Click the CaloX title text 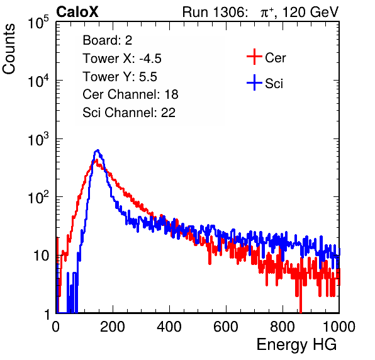pyautogui.click(x=77, y=12)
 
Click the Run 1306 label pyautogui.click(x=215, y=12)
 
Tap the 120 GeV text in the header pyautogui.click(x=310, y=12)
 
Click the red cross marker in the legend pyautogui.click(x=254, y=57)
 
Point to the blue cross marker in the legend pyautogui.click(x=254, y=82)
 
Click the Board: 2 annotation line pyautogui.click(x=108, y=40)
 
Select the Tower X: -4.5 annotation pyautogui.click(x=122, y=59)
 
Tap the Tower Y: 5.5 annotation pyautogui.click(x=120, y=77)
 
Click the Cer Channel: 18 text pyautogui.click(x=130, y=94)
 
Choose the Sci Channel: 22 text pyautogui.click(x=129, y=113)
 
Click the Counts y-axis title pyautogui.click(x=9, y=49)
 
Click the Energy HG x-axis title pyautogui.click(x=296, y=344)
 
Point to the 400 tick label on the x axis pyautogui.click(x=169, y=327)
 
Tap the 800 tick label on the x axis pyautogui.click(x=283, y=327)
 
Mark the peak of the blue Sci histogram pyautogui.click(x=98, y=150)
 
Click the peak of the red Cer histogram pyautogui.click(x=96, y=160)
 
